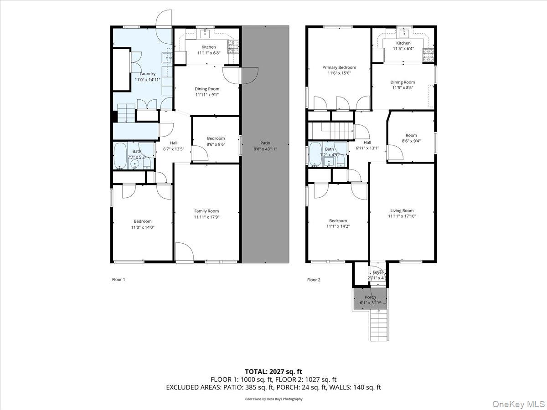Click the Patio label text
point(265,143)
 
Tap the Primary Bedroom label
point(339,67)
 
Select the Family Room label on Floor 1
point(206,211)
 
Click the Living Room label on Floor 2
point(402,210)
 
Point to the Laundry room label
point(147,73)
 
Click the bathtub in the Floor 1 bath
point(120,156)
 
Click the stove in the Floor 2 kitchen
point(428,56)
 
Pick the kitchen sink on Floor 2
point(403,32)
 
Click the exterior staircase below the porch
point(378,325)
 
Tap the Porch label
point(370,297)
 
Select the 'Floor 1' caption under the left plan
point(118,279)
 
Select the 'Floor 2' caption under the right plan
point(314,280)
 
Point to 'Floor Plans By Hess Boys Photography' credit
point(273,399)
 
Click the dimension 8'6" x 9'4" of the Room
point(411,141)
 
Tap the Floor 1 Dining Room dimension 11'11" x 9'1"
point(207,95)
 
